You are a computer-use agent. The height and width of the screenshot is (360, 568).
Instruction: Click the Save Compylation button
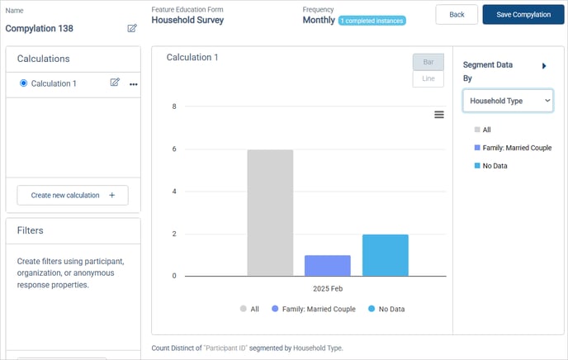pos(523,15)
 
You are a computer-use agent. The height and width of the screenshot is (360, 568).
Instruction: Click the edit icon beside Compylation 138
pos(132,28)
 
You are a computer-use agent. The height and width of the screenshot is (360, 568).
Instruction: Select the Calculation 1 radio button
pos(24,83)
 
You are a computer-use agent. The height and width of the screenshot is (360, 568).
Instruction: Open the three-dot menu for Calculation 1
pos(133,84)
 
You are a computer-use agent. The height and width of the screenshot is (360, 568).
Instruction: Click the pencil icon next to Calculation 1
pos(115,83)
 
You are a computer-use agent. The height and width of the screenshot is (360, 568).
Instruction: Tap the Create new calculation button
pos(73,195)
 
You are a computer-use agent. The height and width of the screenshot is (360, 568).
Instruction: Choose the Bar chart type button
pos(428,62)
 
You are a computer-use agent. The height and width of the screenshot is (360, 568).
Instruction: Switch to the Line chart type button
pos(428,78)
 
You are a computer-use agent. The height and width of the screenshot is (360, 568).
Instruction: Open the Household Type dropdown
pos(508,101)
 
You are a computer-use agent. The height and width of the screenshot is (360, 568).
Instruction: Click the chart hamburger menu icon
pos(439,115)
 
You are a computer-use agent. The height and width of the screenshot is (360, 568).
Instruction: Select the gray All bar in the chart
pos(270,212)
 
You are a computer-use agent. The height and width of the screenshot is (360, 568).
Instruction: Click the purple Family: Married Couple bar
pos(328,266)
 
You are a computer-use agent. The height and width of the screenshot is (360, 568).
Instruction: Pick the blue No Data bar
pos(386,255)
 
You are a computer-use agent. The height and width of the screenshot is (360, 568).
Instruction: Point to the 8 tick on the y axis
pos(174,107)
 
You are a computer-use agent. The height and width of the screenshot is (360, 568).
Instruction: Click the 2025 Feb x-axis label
pos(328,289)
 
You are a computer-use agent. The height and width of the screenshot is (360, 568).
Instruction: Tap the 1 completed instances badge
pos(372,21)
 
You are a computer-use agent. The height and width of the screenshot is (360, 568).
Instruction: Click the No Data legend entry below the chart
pos(386,309)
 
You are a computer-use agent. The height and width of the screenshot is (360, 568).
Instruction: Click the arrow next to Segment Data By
pos(544,66)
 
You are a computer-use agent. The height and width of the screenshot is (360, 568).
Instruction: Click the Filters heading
pos(30,230)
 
